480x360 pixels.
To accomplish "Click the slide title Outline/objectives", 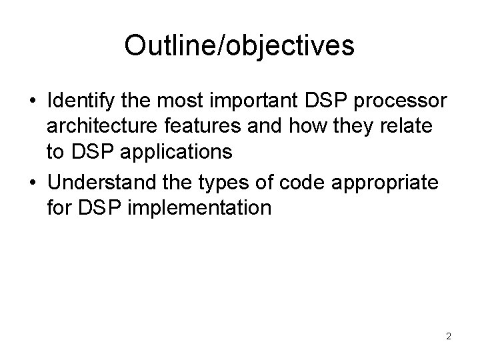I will click(x=239, y=45).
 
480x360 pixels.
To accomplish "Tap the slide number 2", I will click(x=449, y=336).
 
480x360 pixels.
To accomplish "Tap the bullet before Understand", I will click(x=32, y=183).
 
